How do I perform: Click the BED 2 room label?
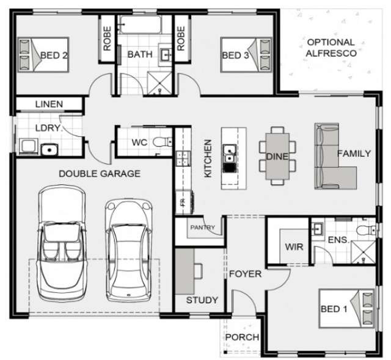pyautogui.click(x=53, y=56)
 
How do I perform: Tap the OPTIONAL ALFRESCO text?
pyautogui.click(x=331, y=48)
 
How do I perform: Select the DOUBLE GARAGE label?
pyautogui.click(x=99, y=174)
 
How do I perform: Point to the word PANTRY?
pyautogui.click(x=202, y=228)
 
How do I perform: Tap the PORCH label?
pyautogui.click(x=242, y=337)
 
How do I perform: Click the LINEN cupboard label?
pyautogui.click(x=48, y=104)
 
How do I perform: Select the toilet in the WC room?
pyautogui.click(x=161, y=143)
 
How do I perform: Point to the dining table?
pyautogui.click(x=277, y=156)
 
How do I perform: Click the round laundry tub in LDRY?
pyautogui.click(x=46, y=148)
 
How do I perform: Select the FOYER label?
pyautogui.click(x=245, y=274)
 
